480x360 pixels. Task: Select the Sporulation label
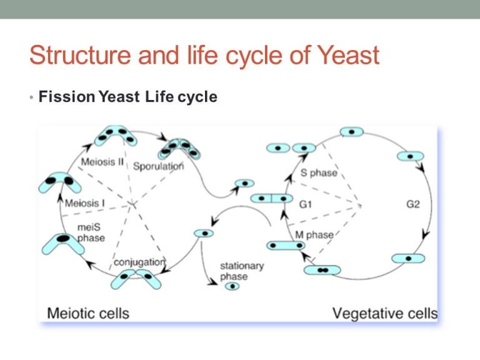click(159, 166)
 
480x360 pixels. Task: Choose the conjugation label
click(139, 262)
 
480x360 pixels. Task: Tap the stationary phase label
click(242, 271)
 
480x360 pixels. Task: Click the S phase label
click(318, 172)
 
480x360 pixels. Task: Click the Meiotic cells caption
click(89, 312)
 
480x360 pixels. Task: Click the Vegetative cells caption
click(384, 312)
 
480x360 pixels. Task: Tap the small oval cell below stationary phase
click(232, 287)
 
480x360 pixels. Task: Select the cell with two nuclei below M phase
click(322, 270)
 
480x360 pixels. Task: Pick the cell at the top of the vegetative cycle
click(352, 132)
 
